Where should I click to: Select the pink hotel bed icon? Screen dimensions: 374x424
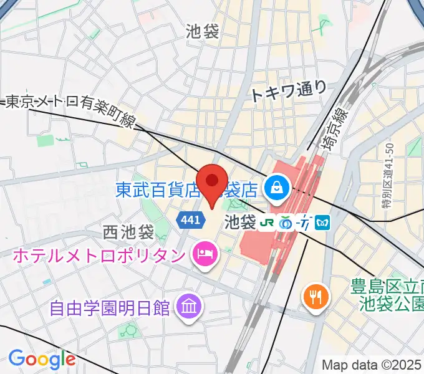(203, 254)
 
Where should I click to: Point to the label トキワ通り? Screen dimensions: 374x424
(288, 91)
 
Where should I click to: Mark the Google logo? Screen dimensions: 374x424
(42, 358)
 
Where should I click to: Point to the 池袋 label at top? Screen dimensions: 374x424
(203, 32)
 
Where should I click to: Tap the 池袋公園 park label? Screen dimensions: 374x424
(390, 304)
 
